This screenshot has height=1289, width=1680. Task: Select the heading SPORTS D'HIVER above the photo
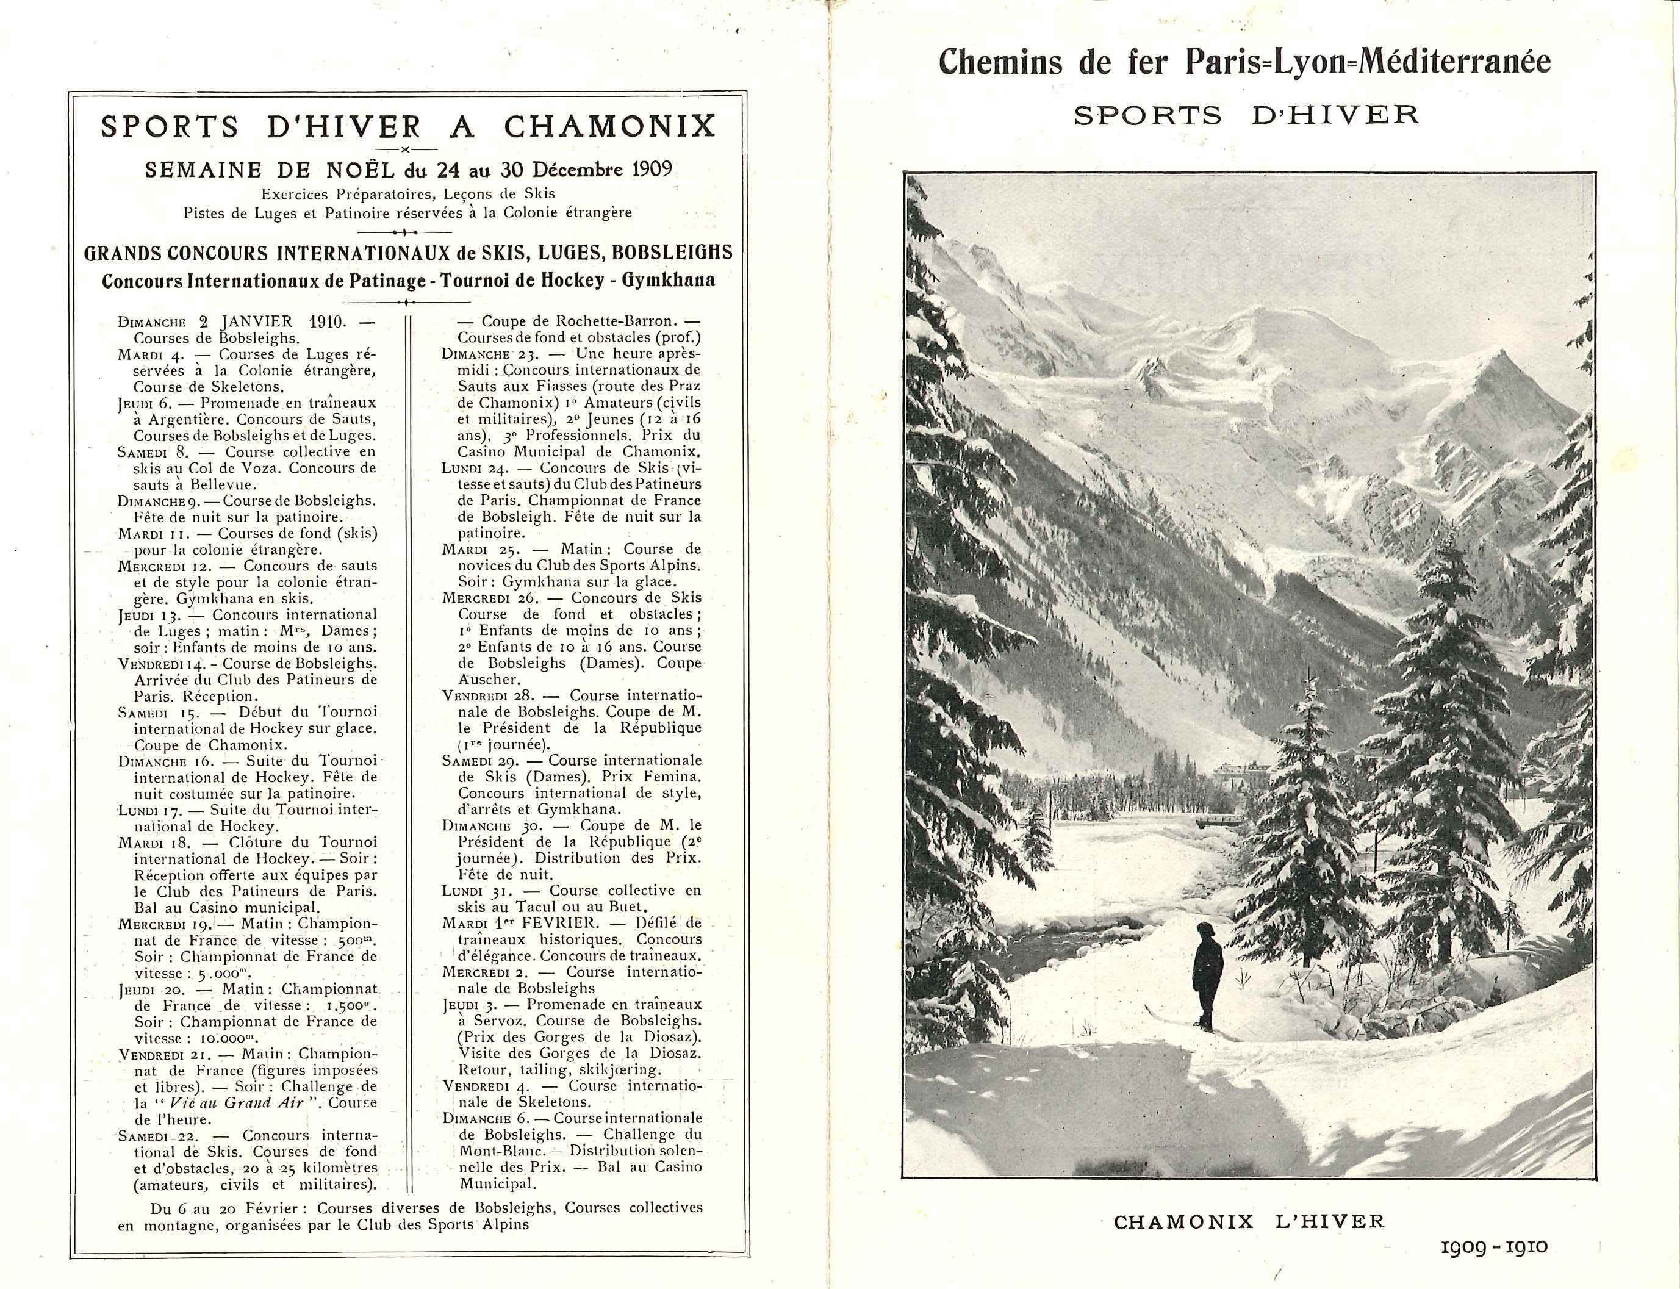pyautogui.click(x=1246, y=115)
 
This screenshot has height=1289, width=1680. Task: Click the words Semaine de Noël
pyautogui.click(x=246, y=169)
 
